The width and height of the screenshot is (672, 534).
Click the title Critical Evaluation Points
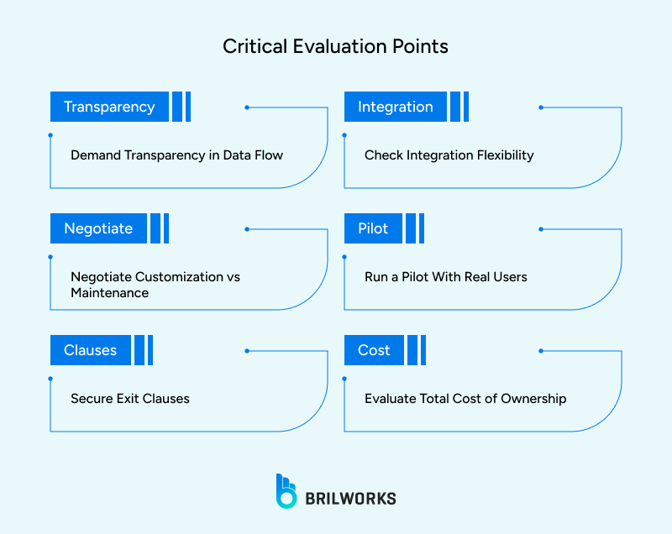335,46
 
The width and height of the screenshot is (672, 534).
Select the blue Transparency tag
109,107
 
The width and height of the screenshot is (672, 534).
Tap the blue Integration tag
395,107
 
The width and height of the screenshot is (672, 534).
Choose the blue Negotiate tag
98,228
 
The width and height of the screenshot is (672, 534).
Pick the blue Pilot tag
373,228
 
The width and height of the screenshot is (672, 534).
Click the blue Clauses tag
90,350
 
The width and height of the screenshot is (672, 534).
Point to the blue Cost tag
374,350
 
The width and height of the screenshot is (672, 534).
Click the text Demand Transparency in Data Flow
176,155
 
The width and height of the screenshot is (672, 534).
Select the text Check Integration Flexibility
449,155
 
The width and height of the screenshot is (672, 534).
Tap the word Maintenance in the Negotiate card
109,293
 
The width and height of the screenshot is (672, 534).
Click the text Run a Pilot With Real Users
445,276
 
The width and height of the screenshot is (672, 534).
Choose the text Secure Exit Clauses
129,398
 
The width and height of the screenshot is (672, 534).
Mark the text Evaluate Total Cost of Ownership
465,398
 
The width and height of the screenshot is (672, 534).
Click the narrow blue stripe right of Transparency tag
188,107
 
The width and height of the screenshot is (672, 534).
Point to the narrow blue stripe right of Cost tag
423,350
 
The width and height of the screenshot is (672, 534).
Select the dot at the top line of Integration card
541,107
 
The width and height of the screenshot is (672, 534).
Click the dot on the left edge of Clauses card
50,379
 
